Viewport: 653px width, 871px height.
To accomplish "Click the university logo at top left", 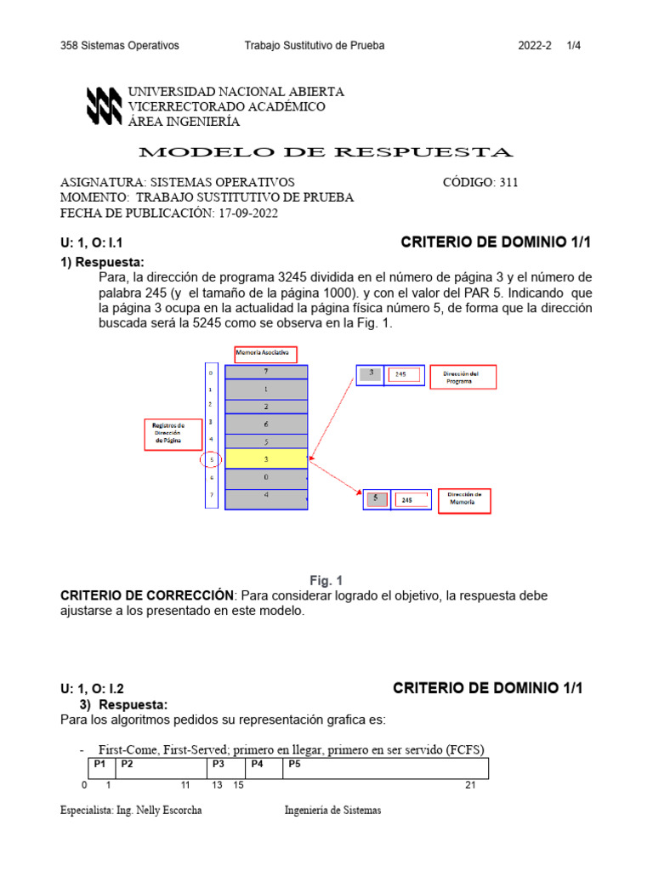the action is [104, 106].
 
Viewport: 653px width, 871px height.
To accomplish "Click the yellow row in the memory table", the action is [266, 459].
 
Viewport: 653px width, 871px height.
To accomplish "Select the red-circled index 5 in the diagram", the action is [211, 460].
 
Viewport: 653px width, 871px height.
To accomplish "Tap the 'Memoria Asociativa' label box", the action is [266, 353].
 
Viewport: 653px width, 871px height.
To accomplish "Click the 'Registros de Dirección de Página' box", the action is [173, 434].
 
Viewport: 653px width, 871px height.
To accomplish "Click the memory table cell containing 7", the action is [266, 372].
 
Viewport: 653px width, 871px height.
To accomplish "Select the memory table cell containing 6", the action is [266, 424].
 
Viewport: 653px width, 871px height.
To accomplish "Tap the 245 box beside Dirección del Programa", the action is [404, 375].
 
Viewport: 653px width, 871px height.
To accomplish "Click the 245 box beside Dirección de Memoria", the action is [409, 500].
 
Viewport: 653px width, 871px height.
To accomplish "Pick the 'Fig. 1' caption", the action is [326, 580].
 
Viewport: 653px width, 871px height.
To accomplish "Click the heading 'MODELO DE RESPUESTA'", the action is [326, 153].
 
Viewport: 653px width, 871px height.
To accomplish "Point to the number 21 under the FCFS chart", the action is [470, 785].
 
